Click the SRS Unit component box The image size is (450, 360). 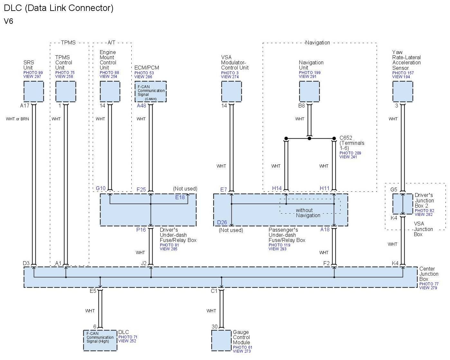click(x=33, y=91)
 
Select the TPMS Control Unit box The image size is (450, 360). click(x=66, y=91)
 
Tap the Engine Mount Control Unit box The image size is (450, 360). click(x=110, y=91)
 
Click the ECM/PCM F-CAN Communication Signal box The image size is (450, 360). click(x=150, y=91)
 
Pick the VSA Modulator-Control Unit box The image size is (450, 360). click(x=231, y=91)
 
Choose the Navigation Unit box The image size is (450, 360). click(x=309, y=91)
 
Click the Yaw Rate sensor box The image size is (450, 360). click(x=403, y=91)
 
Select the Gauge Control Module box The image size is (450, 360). click(x=221, y=340)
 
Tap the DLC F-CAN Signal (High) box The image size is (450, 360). click(x=100, y=340)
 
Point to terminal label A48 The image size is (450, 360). click(x=141, y=106)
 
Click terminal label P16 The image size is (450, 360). click(x=141, y=230)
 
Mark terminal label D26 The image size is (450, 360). click(x=222, y=222)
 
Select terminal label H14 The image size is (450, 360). click(x=277, y=189)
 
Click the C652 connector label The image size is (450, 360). click(x=346, y=138)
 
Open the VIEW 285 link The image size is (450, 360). click(x=169, y=249)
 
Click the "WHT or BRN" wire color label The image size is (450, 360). click(x=17, y=119)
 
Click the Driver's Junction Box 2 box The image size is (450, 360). click(x=402, y=204)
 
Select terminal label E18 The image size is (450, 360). click(x=180, y=197)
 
